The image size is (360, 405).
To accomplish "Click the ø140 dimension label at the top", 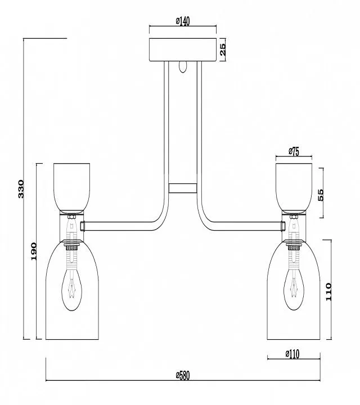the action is pos(183,21).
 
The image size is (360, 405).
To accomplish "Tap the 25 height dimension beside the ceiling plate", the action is pos(222,49).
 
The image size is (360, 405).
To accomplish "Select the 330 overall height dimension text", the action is pos(21,189).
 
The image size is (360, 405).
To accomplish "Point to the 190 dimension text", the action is pos(34,251).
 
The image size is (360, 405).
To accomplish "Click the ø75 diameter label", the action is pos(294,152).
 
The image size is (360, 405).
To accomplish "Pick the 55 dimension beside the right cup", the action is pos(320,195).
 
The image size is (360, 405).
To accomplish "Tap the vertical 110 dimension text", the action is pos(328,291).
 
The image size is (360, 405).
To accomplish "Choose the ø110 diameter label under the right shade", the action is pos(292,354).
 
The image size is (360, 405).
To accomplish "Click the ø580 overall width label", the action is pos(183,376).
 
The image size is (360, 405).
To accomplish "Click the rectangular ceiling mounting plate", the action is pos(183,50).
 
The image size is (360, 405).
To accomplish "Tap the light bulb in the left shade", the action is pos(72,289).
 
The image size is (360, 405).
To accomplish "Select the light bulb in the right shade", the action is pos(294,289).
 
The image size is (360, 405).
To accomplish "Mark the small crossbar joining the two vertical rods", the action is pos(183,188).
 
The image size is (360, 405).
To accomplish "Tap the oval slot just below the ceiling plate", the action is pos(183,67).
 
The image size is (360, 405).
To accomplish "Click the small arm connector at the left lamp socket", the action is pos(83,226).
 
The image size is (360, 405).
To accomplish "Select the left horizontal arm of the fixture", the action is pos(121,226).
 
